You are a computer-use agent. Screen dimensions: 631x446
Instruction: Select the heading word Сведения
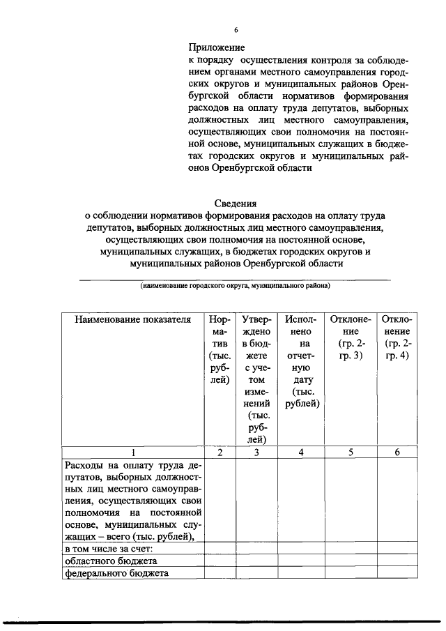pyautogui.click(x=234, y=204)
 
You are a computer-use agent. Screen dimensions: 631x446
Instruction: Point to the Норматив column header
pyautogui.click(x=220, y=349)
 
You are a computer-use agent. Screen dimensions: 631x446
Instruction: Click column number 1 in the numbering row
pyautogui.click(x=132, y=452)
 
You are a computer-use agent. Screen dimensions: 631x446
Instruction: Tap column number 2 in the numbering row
pyautogui.click(x=220, y=452)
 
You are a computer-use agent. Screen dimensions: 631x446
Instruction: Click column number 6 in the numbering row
pyautogui.click(x=397, y=452)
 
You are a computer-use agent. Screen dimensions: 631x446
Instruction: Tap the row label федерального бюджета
pyautogui.click(x=111, y=573)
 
